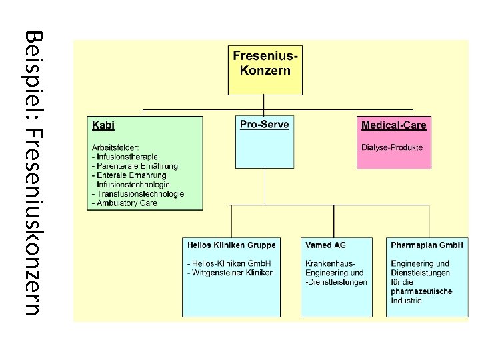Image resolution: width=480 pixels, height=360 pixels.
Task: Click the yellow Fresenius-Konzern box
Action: click(x=265, y=69)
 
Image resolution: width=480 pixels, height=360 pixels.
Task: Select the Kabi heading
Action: click(x=103, y=125)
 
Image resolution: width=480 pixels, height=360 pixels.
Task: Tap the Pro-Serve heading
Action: click(x=265, y=125)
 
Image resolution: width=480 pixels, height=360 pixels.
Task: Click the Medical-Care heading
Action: click(x=393, y=125)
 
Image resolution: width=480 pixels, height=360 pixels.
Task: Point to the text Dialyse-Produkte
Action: click(x=392, y=147)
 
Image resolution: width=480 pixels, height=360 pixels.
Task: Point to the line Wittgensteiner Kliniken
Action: click(x=231, y=273)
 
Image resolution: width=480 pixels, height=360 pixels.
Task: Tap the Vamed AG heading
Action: click(x=327, y=245)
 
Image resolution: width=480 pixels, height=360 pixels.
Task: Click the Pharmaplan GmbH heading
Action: click(x=427, y=245)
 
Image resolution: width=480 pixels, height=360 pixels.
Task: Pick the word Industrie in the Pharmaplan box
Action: click(x=407, y=301)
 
